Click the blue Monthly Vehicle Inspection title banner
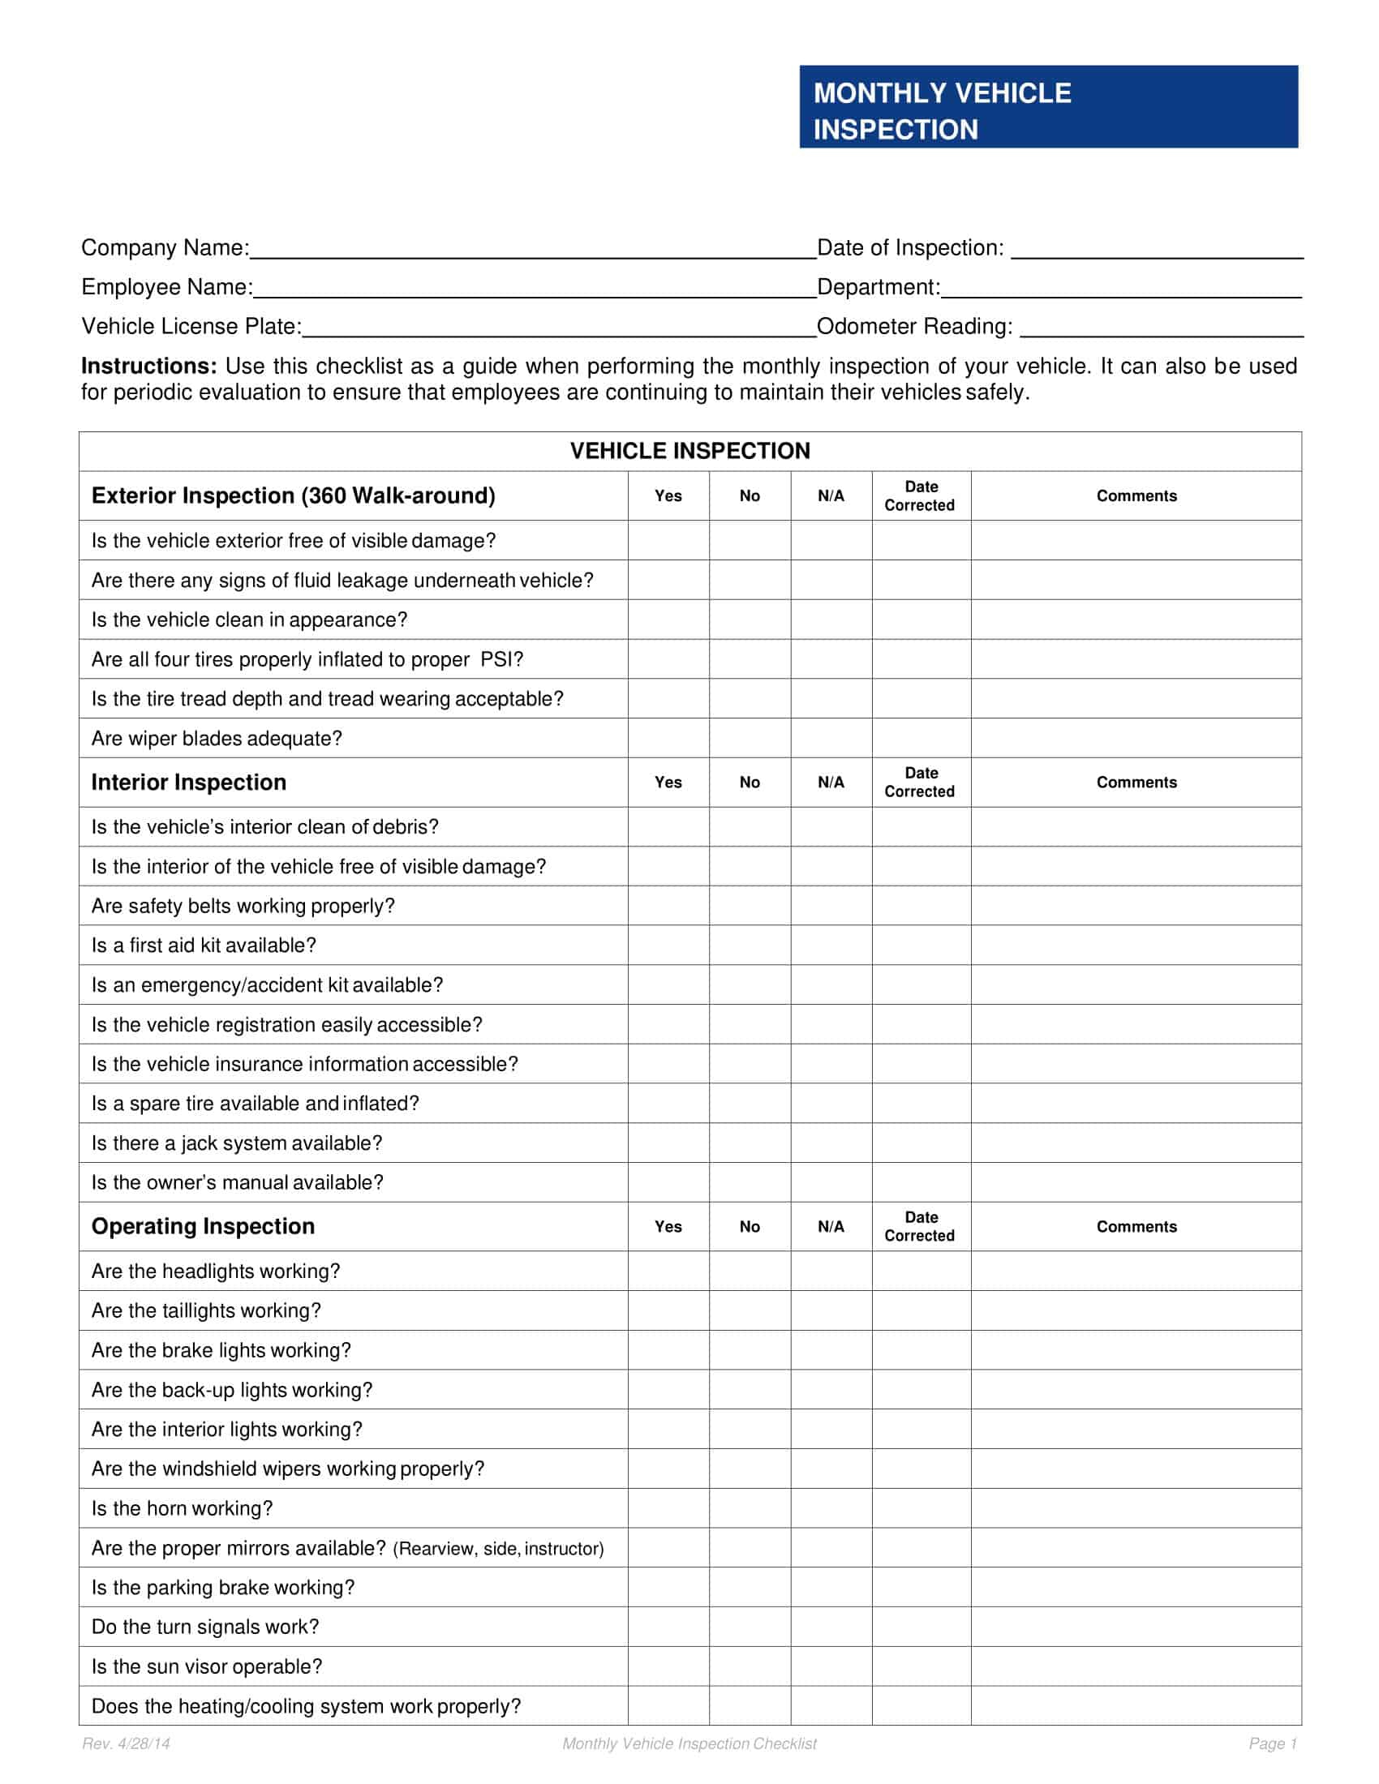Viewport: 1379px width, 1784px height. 1048,107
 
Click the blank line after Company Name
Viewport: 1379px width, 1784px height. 533,248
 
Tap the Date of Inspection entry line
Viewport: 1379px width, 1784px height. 1156,248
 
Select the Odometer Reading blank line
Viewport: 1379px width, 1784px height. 1161,327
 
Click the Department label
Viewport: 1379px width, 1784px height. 879,288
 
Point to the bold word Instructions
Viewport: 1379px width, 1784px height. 148,366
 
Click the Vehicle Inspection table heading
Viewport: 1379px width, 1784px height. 689,451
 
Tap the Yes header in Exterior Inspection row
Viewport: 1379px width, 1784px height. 668,495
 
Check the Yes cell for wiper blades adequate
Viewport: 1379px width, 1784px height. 668,739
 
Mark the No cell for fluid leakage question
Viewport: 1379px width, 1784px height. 750,580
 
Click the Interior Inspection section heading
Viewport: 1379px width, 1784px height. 189,783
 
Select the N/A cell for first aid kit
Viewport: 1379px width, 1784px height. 831,945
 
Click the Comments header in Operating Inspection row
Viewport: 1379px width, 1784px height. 1136,1226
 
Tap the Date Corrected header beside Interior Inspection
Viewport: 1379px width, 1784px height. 920,783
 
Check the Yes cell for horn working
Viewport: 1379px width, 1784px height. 668,1508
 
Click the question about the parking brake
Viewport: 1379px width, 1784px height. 223,1587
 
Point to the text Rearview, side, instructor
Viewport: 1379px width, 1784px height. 498,1549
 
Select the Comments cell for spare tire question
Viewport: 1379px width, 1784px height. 1136,1104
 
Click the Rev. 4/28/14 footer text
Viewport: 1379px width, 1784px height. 126,1744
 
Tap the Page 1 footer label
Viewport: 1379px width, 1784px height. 1272,1744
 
